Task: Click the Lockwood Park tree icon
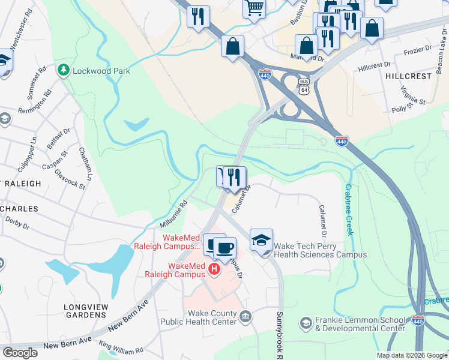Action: [63, 71]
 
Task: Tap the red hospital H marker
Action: [214, 271]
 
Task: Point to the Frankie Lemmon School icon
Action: [306, 323]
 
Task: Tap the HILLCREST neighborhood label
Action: [408, 77]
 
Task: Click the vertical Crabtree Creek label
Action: [350, 209]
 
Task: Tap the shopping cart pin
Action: [255, 8]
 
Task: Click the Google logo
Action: [20, 353]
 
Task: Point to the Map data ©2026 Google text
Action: [412, 355]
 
